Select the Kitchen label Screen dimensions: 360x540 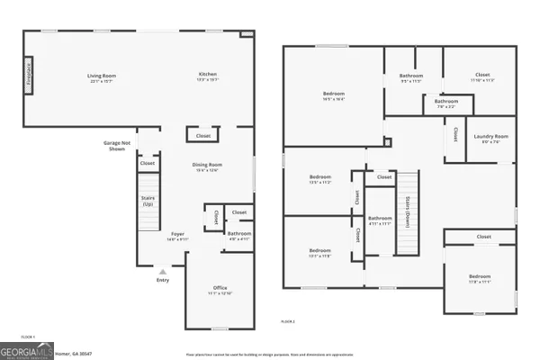pos(208,76)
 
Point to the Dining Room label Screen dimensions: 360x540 pos(207,167)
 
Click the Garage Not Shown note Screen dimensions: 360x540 pos(117,146)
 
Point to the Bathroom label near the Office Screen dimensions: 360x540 pos(238,236)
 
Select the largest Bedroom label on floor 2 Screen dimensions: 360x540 pos(333,96)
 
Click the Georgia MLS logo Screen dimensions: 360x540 pos(27,349)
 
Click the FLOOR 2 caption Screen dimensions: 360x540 pos(287,320)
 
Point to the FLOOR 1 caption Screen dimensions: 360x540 pos(27,337)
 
